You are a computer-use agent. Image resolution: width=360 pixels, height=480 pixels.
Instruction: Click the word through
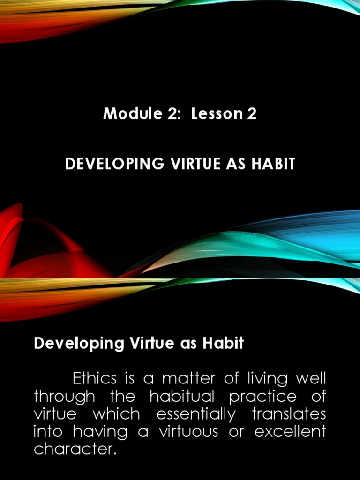[64, 396]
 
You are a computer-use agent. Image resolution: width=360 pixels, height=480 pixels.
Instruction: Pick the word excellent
[290, 432]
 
